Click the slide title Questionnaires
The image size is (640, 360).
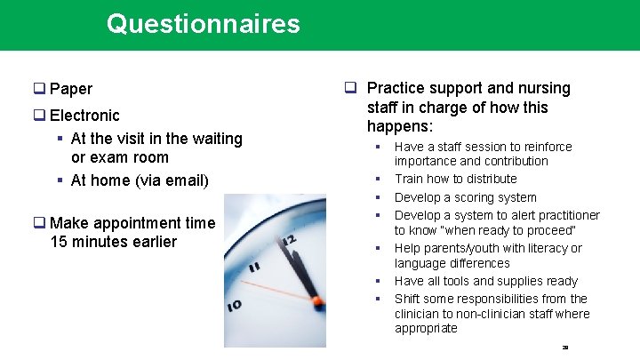coord(203,24)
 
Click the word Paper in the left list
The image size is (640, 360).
coord(71,89)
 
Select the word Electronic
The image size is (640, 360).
coord(84,116)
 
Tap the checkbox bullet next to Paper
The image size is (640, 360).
coord(40,89)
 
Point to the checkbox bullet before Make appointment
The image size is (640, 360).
coord(40,224)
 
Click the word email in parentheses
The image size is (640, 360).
coord(184,180)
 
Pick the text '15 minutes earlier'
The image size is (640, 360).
coord(115,243)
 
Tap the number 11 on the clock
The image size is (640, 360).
coord(255,266)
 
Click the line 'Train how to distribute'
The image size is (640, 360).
coord(455,179)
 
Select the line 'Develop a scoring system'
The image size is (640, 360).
coord(465,197)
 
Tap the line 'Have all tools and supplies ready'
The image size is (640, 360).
coord(485,281)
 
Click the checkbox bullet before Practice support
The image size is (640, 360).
coord(351,88)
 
